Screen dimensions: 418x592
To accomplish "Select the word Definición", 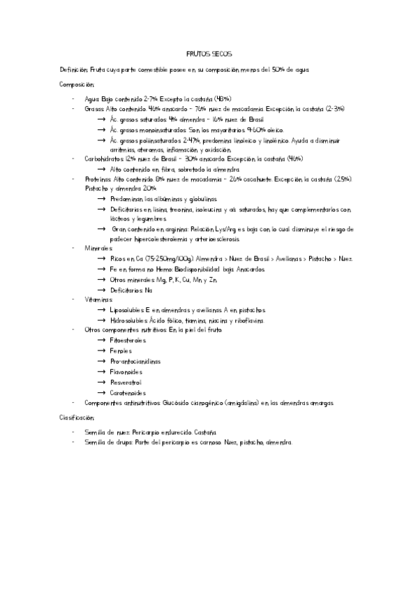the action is [x=73, y=70].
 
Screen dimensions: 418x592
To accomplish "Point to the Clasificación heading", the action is [x=77, y=417].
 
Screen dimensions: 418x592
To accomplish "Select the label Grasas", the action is [x=94, y=110].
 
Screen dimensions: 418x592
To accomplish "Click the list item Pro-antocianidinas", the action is [x=135, y=362].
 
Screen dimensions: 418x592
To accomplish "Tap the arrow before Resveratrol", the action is [x=102, y=383].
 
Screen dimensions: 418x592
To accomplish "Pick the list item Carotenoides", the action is [x=128, y=393].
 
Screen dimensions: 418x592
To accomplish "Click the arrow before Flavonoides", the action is [x=102, y=372].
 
